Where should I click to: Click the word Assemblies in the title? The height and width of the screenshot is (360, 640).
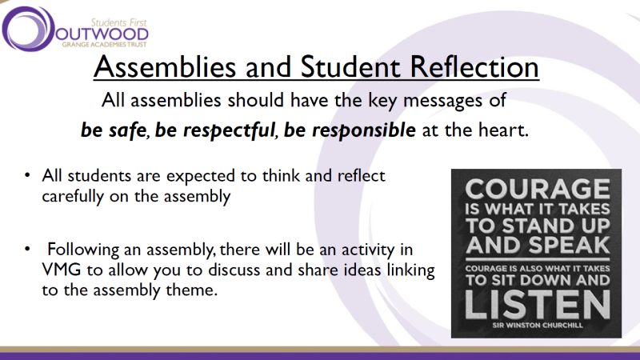(165, 67)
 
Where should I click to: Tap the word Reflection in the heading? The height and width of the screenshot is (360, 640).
(474, 67)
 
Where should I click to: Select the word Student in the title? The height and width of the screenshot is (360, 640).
(350, 67)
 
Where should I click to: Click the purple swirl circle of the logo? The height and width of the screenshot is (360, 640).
(28, 29)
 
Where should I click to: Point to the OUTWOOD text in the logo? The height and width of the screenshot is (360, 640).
(102, 34)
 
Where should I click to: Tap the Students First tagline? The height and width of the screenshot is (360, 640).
(118, 22)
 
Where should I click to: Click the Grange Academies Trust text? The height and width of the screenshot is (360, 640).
(104, 44)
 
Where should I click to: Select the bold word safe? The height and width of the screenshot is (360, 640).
(127, 130)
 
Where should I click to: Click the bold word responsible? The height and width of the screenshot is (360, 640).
(363, 130)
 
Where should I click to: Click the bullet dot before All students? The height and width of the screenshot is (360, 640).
(27, 175)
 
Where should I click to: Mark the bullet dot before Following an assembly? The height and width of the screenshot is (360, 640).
(27, 249)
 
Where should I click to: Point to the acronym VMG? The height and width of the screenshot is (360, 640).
(62, 270)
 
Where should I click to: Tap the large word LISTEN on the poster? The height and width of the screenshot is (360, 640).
(537, 305)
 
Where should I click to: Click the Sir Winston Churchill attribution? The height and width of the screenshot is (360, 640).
(537, 326)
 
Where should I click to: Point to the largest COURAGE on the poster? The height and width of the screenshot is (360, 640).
(537, 190)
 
